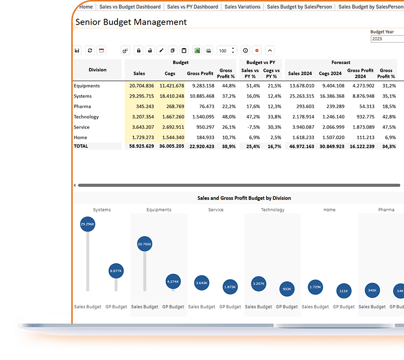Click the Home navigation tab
click(x=86, y=7)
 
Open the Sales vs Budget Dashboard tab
click(x=130, y=7)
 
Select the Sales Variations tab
click(x=242, y=7)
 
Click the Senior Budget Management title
click(x=131, y=22)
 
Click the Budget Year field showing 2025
click(x=387, y=39)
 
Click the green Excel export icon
click(x=197, y=51)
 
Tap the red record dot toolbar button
click(x=257, y=51)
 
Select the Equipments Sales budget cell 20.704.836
click(x=142, y=86)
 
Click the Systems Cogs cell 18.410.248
click(x=172, y=96)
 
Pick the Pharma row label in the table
click(x=82, y=107)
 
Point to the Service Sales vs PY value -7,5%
click(x=250, y=127)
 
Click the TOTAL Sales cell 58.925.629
click(x=142, y=147)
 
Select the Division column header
click(x=97, y=70)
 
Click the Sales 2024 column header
click(x=300, y=74)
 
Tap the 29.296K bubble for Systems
click(x=87, y=224)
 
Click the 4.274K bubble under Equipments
click(x=173, y=282)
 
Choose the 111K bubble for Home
click(x=344, y=291)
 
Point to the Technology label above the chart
click(x=272, y=210)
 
